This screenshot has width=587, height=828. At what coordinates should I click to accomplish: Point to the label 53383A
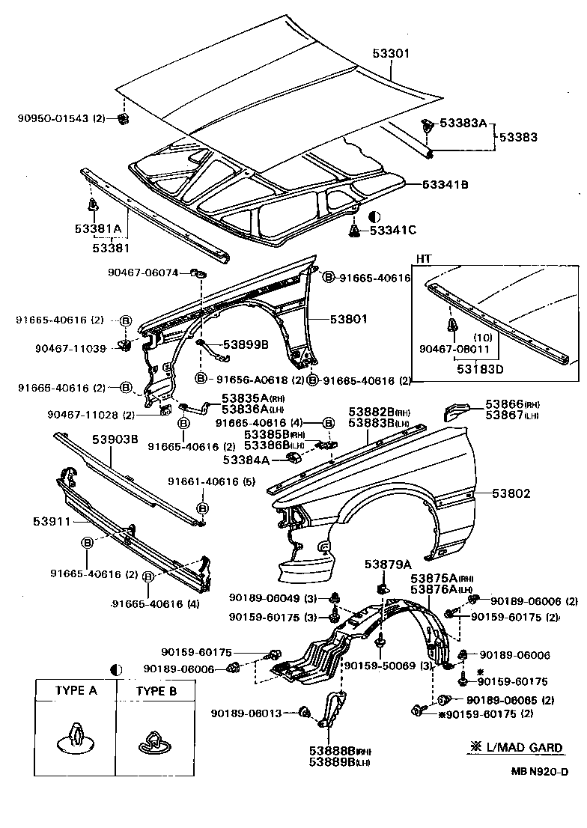pos(463,123)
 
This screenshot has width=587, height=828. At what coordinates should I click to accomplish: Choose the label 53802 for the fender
pos(511,493)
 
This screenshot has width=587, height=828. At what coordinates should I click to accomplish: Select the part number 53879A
pos(389,564)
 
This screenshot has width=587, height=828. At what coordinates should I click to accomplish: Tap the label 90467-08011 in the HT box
pos(456,348)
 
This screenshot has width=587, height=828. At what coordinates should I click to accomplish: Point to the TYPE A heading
pos(76,691)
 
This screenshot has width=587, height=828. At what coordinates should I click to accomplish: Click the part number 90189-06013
pos(246,713)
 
